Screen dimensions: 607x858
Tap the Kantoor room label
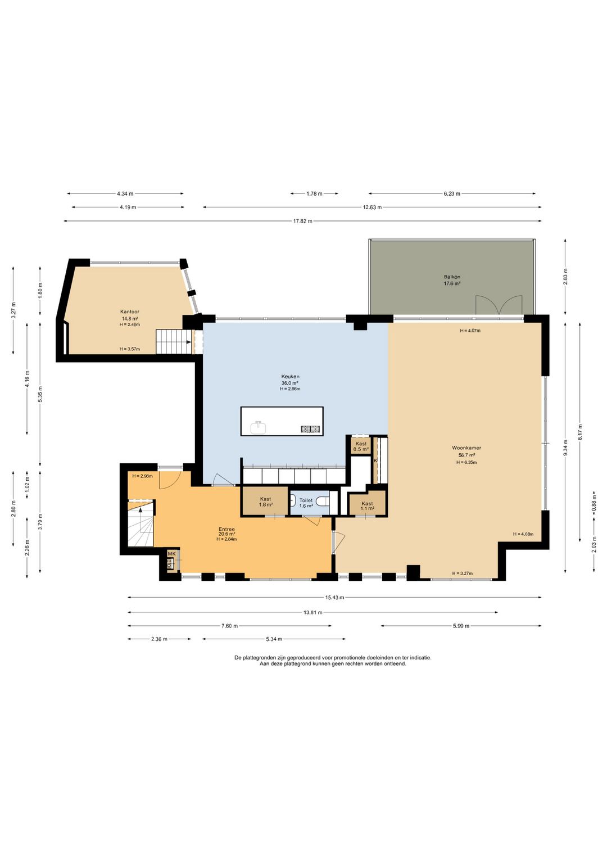pos(129,312)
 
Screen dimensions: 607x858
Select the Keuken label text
pos(290,377)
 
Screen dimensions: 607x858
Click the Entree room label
pos(227,529)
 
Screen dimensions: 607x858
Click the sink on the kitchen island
pos(259,427)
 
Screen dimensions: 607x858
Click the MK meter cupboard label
pos(171,553)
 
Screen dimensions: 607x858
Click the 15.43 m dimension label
pos(334,597)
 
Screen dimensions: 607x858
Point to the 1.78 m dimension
pos(314,193)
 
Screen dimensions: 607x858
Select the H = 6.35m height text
pos(466,462)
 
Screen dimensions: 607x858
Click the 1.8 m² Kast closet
pos(265,501)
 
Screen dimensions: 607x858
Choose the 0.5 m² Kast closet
pos(361,446)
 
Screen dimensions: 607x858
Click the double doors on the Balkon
pos(499,305)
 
